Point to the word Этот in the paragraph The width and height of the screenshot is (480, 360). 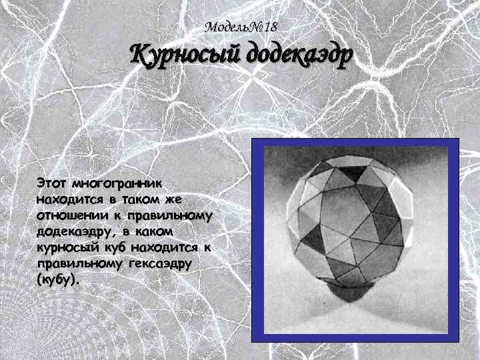click(52, 182)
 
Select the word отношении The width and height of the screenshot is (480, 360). click(69, 215)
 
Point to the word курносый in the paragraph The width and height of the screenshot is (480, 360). click(69, 247)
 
